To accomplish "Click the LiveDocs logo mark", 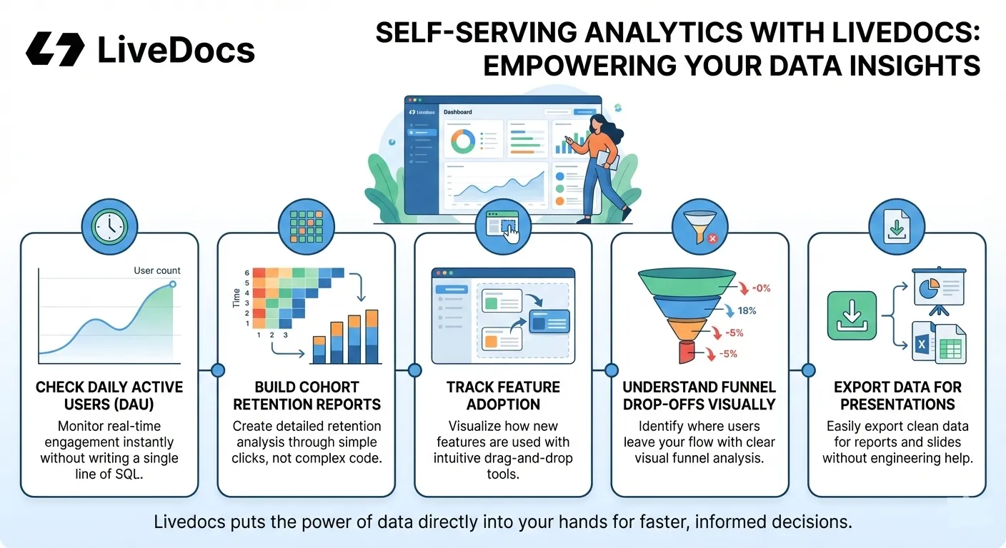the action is pyautogui.click(x=55, y=49).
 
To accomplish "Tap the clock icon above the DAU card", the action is pyautogui.click(x=109, y=227).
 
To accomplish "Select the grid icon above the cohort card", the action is pyautogui.click(x=307, y=227).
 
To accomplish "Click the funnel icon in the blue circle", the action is pyautogui.click(x=699, y=227).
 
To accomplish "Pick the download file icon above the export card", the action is pyautogui.click(x=897, y=227).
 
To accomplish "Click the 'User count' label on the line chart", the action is pyautogui.click(x=156, y=270).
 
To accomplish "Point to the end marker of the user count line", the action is pyautogui.click(x=173, y=284).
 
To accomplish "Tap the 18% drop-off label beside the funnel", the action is pyautogui.click(x=747, y=310).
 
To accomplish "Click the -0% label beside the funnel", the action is pyautogui.click(x=761, y=288).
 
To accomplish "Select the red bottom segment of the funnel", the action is pyautogui.click(x=687, y=352).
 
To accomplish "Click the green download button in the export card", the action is pyautogui.click(x=852, y=315).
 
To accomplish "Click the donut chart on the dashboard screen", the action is pyautogui.click(x=463, y=142).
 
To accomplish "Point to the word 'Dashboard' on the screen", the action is pyautogui.click(x=458, y=112).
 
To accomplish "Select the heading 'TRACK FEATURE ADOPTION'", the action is pyautogui.click(x=503, y=395).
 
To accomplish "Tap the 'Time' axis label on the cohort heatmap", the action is pyautogui.click(x=236, y=298).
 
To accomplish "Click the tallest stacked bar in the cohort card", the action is pyautogui.click(x=372, y=336).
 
